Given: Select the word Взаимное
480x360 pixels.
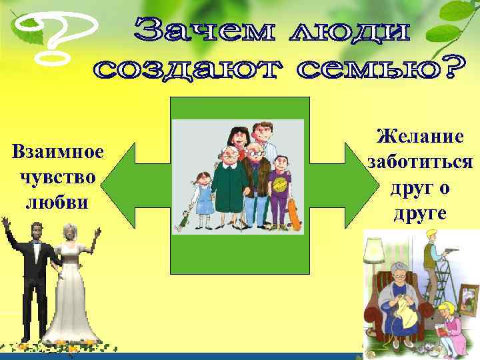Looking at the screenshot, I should click(59, 152).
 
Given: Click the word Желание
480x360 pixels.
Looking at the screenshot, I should click(420, 137).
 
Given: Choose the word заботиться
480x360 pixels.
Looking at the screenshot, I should click(421, 162).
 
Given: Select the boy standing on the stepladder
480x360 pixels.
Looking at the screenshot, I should click(437, 260).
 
